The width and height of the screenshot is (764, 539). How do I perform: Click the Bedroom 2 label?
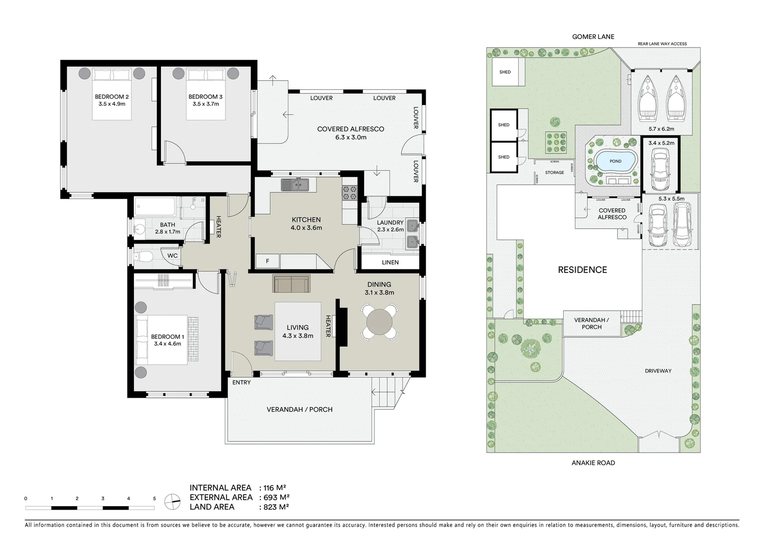tap(112, 97)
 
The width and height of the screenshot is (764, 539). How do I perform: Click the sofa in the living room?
tap(291, 283)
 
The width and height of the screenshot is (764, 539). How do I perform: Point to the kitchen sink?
tap(295, 185)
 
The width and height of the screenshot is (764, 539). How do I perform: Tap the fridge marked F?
tap(267, 261)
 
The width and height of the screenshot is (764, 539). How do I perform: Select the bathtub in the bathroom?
tap(155, 207)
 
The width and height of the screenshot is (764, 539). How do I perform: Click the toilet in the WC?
tap(144, 257)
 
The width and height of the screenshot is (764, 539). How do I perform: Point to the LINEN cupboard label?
tap(390, 262)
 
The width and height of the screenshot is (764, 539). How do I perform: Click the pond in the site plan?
tap(615, 161)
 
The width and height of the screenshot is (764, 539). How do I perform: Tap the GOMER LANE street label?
tap(593, 36)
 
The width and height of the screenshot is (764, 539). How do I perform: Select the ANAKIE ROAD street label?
tap(593, 463)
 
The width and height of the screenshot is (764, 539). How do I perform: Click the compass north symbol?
tap(173, 502)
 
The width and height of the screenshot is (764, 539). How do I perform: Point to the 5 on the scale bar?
tap(154, 499)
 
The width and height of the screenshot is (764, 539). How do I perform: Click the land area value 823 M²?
tap(274, 507)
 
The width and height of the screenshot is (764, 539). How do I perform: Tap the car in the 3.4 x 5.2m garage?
tap(660, 170)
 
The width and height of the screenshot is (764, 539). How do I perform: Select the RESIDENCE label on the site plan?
tap(582, 270)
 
